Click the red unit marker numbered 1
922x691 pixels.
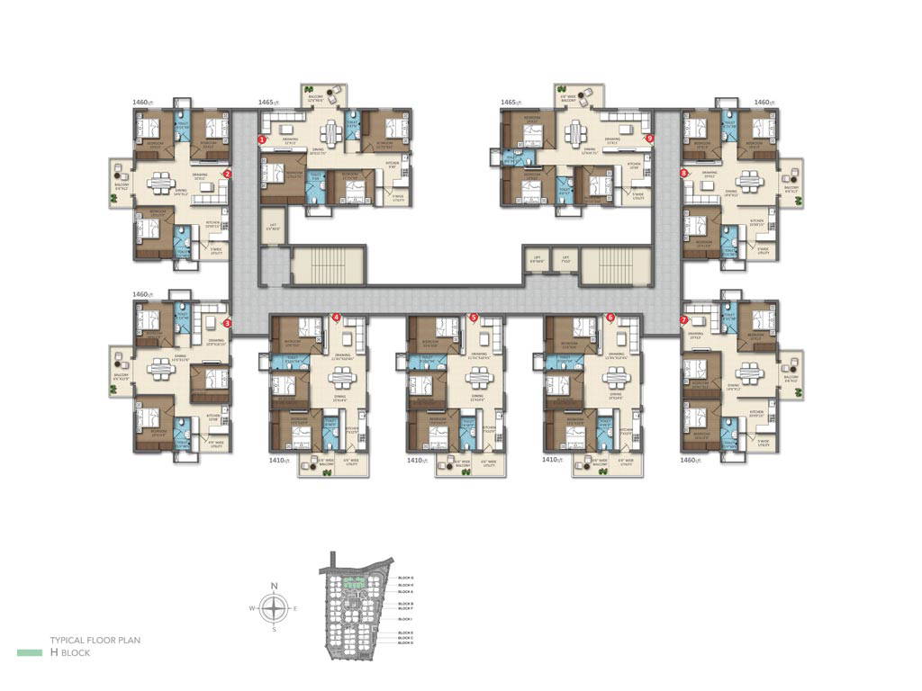(262, 139)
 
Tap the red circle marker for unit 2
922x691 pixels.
(227, 174)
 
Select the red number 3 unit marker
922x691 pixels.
(227, 323)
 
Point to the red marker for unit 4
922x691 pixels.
(336, 317)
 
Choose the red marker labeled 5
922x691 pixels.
(473, 317)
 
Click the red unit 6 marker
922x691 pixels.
(610, 317)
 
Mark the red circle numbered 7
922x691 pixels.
(684, 319)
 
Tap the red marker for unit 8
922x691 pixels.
(684, 172)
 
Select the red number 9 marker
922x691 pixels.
(649, 139)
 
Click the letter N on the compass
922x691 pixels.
(275, 588)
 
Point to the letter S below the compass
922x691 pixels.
(275, 629)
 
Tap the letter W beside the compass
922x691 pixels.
(254, 608)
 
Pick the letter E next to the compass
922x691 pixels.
(296, 608)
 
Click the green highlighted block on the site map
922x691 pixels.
(357, 592)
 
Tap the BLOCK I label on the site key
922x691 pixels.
(405, 619)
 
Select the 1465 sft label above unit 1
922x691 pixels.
(267, 103)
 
